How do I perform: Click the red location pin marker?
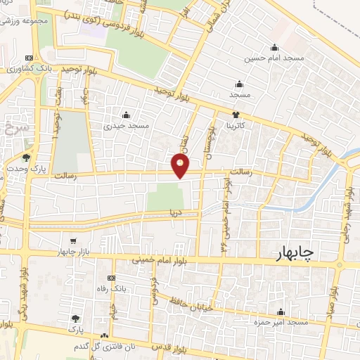click(x=181, y=167)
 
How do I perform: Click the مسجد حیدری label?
click(x=127, y=126)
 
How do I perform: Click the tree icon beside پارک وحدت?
click(x=27, y=157)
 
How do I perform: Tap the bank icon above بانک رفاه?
click(x=110, y=278)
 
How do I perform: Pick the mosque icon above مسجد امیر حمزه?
click(x=282, y=311)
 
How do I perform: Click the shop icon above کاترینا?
click(x=236, y=115)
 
